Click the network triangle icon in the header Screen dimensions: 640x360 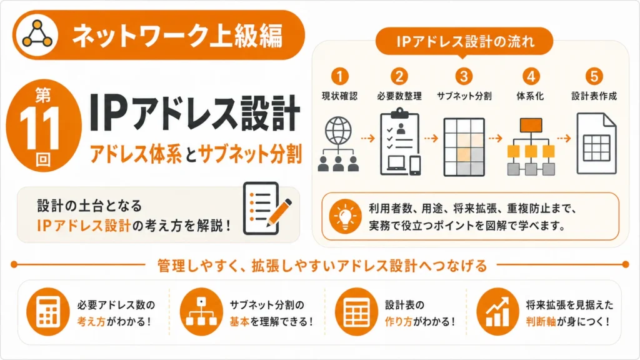point(37,34)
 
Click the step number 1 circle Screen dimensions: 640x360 point(339,76)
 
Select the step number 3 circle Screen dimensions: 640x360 point(464,76)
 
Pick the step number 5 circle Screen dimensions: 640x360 point(594,76)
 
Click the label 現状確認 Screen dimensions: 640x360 point(339,96)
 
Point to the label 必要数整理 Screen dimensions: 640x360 point(399,96)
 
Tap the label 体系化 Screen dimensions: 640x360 point(530,96)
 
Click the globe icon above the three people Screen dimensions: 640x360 point(338,131)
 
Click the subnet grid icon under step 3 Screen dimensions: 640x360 point(464,147)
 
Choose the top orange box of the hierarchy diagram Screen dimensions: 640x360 point(531,125)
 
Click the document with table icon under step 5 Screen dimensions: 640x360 point(596,144)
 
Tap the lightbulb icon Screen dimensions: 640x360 point(345,216)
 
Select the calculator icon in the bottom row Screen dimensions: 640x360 point(48,312)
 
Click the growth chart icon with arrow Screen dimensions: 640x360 point(497,312)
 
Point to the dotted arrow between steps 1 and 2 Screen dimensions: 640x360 point(367,138)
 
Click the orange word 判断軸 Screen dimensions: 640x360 point(541,322)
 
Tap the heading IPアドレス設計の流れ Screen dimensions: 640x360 point(465,42)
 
